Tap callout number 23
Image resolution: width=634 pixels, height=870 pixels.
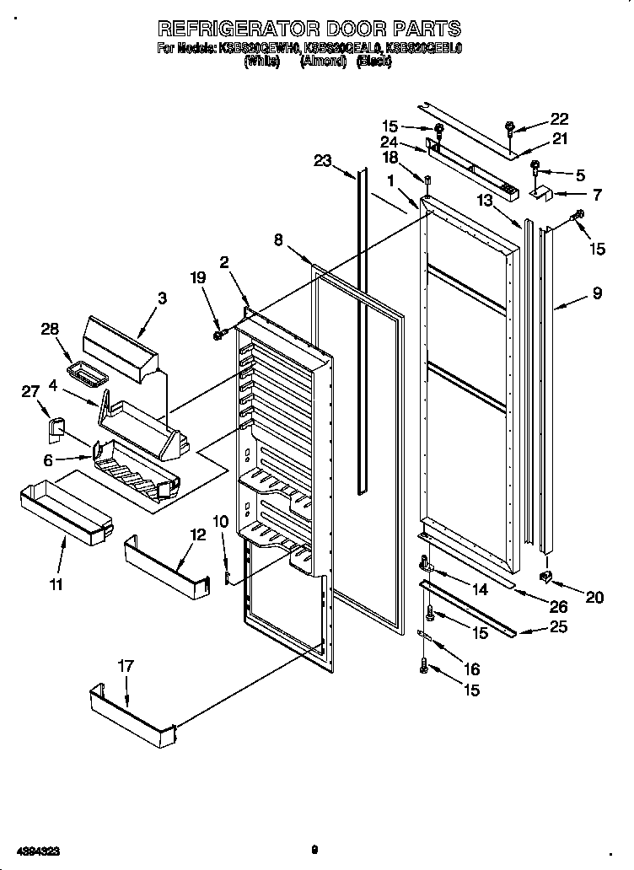click(x=323, y=161)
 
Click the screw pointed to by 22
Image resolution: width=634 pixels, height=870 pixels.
click(x=511, y=128)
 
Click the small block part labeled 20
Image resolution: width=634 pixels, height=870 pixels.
click(x=546, y=576)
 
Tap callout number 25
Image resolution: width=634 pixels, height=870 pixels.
click(x=558, y=626)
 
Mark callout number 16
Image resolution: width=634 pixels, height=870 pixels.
click(x=472, y=669)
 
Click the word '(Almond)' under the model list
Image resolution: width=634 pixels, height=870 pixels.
click(x=323, y=62)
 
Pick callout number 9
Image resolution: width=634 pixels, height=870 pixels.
click(x=596, y=294)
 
